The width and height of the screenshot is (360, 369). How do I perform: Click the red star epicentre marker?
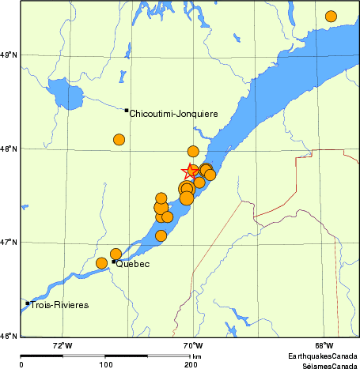click(x=191, y=171)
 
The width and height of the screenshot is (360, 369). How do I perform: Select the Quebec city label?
click(x=133, y=264)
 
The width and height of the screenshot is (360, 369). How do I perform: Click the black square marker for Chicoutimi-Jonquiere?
click(x=127, y=111)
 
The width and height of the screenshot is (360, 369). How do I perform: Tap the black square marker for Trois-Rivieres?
click(x=28, y=303)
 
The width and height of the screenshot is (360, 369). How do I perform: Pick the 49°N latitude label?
click(x=9, y=55)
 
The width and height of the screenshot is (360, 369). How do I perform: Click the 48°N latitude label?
click(x=9, y=149)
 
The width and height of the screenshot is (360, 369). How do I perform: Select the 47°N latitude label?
click(x=9, y=242)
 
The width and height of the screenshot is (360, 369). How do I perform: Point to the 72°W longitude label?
click(x=63, y=345)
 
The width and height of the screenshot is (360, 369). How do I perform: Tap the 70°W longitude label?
click(x=192, y=345)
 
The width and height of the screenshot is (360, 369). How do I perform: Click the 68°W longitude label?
click(x=323, y=345)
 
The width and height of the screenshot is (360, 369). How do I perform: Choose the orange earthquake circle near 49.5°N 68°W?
click(x=331, y=17)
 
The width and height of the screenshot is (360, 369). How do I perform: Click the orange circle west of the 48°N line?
click(x=119, y=140)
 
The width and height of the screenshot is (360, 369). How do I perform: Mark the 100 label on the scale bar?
click(x=105, y=365)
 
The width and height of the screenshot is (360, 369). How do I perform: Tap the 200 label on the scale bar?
click(x=191, y=365)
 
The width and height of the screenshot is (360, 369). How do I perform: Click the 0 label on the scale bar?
click(x=21, y=365)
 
